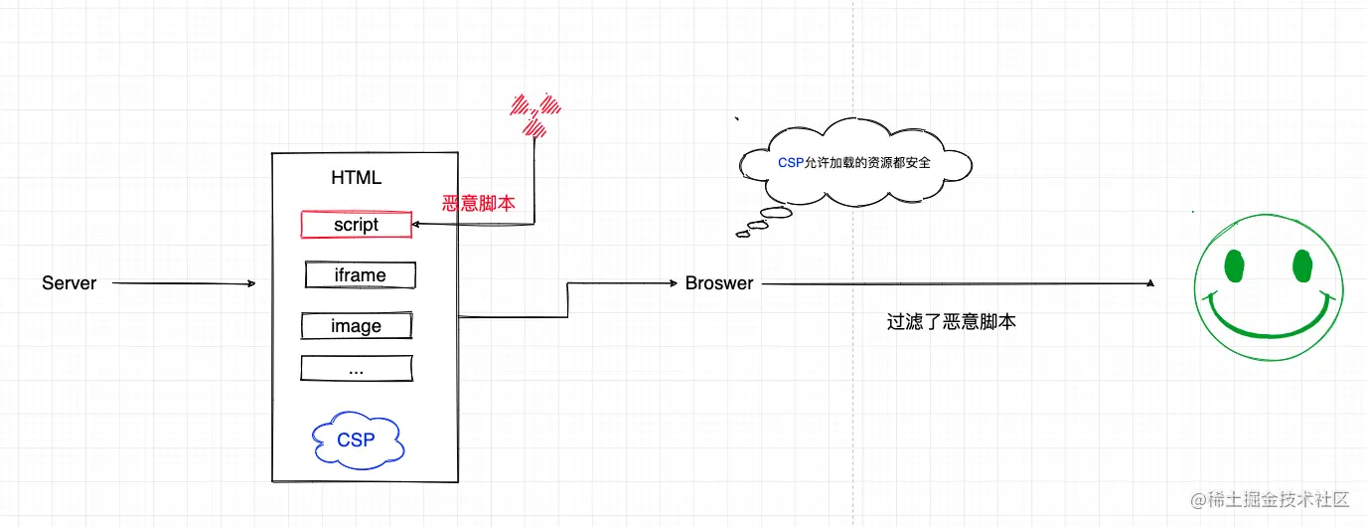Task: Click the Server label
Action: [70, 283]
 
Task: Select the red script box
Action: [356, 225]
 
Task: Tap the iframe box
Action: [360, 274]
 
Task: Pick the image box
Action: [356, 325]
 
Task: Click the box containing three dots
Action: [356, 369]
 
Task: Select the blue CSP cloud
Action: [356, 439]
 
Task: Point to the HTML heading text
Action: [356, 178]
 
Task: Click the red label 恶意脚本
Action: [479, 204]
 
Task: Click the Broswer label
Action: [719, 283]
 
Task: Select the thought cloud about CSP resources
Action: [854, 162]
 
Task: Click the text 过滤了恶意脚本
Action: [951, 322]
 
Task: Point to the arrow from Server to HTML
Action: [184, 284]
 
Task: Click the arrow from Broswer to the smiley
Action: [954, 284]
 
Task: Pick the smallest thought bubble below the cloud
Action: [742, 235]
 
